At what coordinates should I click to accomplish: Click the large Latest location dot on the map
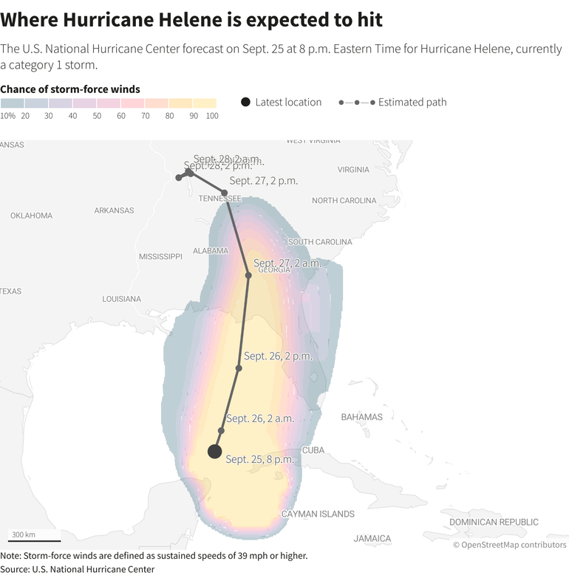click(x=215, y=452)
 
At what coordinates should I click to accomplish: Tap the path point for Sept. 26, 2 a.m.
click(x=221, y=430)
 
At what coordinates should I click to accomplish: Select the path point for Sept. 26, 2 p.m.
click(x=239, y=368)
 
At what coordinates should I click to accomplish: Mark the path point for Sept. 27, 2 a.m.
click(x=248, y=275)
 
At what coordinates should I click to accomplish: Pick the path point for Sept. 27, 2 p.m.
click(x=225, y=193)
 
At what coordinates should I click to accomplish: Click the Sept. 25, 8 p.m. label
click(x=260, y=459)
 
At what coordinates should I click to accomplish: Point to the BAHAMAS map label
click(x=361, y=417)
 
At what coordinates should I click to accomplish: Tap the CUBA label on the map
click(x=313, y=450)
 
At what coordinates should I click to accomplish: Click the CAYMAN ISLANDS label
click(x=317, y=514)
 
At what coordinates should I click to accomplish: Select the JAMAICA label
click(x=372, y=538)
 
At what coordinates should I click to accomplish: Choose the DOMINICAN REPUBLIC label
click(x=494, y=522)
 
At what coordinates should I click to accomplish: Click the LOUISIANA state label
click(x=121, y=299)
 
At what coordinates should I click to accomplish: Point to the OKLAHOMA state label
click(x=31, y=216)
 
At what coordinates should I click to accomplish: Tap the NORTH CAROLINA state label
click(x=344, y=201)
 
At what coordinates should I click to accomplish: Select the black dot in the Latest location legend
click(x=245, y=102)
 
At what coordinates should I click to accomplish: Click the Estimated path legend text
click(x=412, y=103)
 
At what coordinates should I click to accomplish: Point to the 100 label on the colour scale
click(x=212, y=116)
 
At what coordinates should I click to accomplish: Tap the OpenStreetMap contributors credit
click(x=509, y=545)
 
